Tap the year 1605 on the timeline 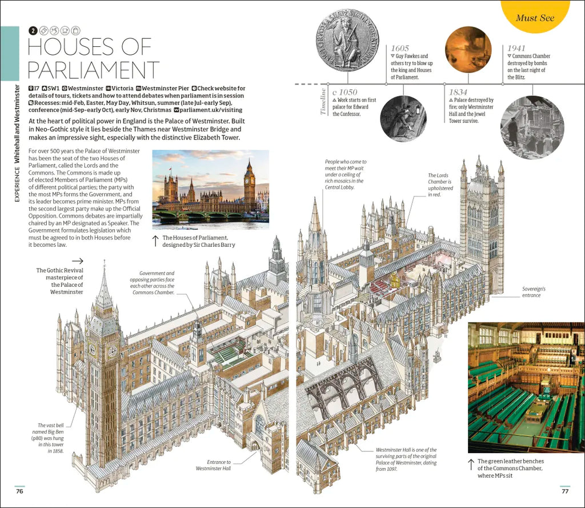click(x=400, y=48)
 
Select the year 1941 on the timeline click(x=516, y=48)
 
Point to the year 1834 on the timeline click(x=458, y=92)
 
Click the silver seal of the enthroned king click(x=348, y=41)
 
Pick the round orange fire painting click(x=468, y=50)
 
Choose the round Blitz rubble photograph click(x=532, y=127)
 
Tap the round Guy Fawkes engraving click(x=403, y=118)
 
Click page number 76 click(x=19, y=491)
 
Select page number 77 click(x=565, y=491)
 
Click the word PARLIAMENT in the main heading click(x=93, y=70)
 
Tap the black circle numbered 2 click(x=33, y=31)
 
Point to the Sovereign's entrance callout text click(x=534, y=292)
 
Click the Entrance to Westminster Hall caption click(x=214, y=465)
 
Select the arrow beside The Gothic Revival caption click(x=78, y=261)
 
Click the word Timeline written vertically click(x=323, y=102)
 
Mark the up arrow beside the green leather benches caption click(x=471, y=465)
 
